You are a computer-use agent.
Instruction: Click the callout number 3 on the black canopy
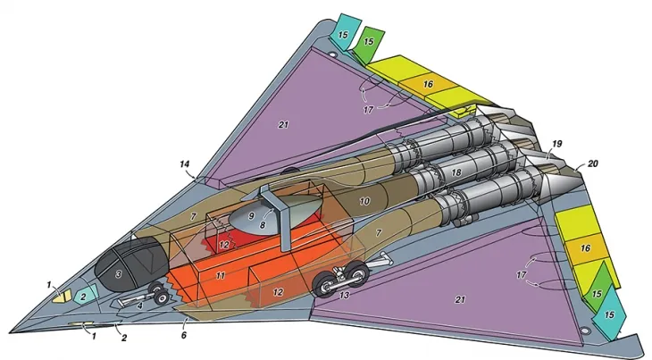(x=117, y=274)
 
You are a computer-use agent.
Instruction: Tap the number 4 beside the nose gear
(x=139, y=306)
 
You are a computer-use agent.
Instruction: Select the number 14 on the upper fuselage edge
(x=186, y=165)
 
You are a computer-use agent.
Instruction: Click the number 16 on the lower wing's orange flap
(x=586, y=247)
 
